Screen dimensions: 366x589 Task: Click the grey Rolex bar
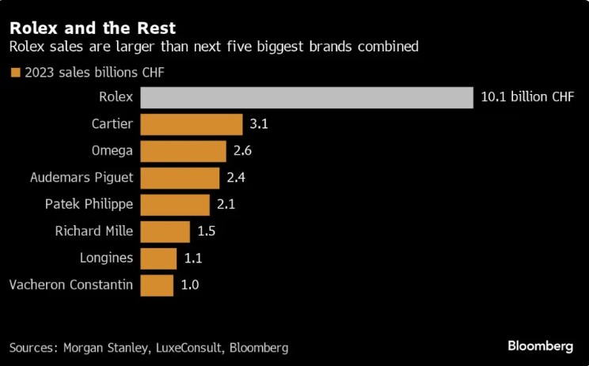(306, 97)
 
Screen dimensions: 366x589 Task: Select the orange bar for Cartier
(191, 124)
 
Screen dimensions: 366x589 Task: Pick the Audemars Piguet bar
(180, 178)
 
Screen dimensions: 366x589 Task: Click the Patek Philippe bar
(175, 205)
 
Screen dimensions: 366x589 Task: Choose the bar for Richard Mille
(165, 232)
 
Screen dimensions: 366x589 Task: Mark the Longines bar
(158, 258)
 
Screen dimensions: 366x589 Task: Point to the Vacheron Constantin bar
(157, 285)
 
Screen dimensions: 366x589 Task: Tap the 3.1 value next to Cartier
(259, 124)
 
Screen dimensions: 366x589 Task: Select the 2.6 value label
(242, 151)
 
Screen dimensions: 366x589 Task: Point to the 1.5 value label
(206, 232)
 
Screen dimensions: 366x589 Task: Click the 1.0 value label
(189, 285)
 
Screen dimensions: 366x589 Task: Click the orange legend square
(15, 73)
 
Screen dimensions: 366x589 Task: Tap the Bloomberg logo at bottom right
(540, 347)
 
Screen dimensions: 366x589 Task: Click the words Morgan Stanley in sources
(108, 348)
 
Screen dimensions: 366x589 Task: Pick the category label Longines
(106, 258)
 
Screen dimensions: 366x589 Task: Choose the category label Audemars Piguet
(81, 178)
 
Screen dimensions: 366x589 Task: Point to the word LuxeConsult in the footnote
(189, 348)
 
